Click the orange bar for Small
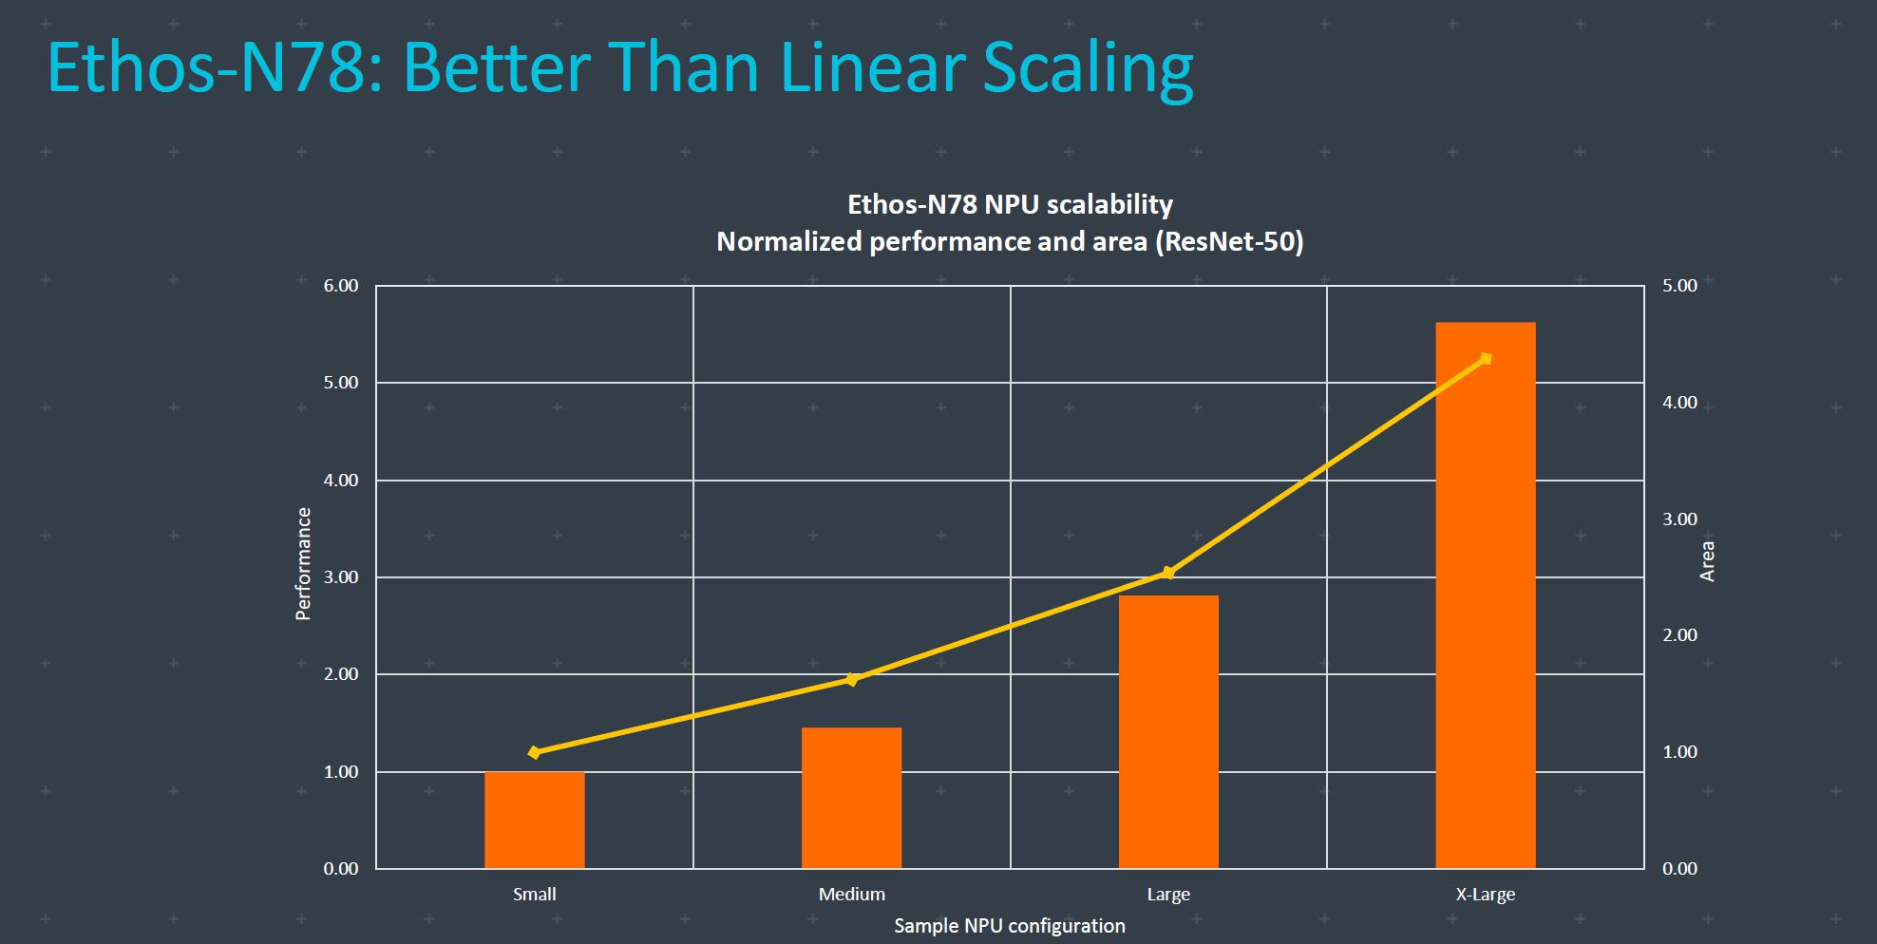(535, 820)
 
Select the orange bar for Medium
(852, 798)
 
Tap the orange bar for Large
(1168, 731)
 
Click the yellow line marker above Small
(535, 752)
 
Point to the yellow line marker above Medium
(852, 679)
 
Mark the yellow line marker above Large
(1168, 573)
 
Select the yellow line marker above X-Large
(1487, 358)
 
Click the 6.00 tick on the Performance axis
(341, 286)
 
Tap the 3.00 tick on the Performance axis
(341, 577)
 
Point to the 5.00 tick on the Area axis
(1679, 286)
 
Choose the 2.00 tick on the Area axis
(1679, 635)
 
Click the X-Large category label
(1486, 895)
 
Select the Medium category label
(852, 895)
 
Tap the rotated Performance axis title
(304, 563)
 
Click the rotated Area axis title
(1707, 561)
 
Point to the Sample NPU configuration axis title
(1010, 926)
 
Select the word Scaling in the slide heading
(1088, 68)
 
